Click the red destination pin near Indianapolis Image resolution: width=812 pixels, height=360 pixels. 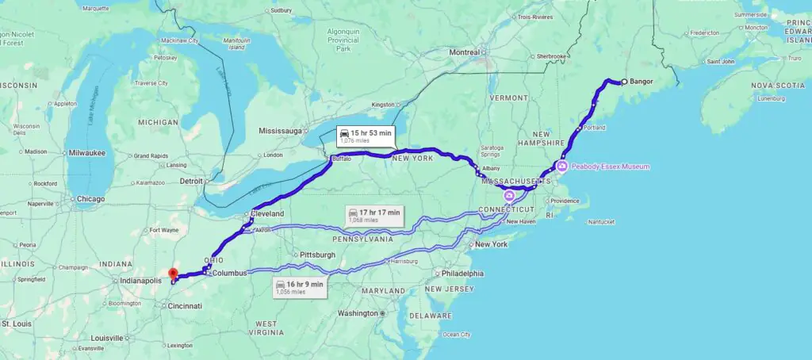point(174,274)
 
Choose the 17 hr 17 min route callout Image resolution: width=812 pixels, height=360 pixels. point(375,215)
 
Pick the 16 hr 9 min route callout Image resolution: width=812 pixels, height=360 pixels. point(301,286)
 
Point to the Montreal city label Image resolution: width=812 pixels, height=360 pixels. point(465,52)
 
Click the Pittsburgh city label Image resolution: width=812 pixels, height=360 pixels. point(316,255)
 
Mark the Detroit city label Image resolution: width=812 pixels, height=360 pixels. point(190,181)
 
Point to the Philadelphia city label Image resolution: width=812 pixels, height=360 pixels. point(463,274)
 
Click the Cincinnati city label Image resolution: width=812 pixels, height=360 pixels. point(185,306)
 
